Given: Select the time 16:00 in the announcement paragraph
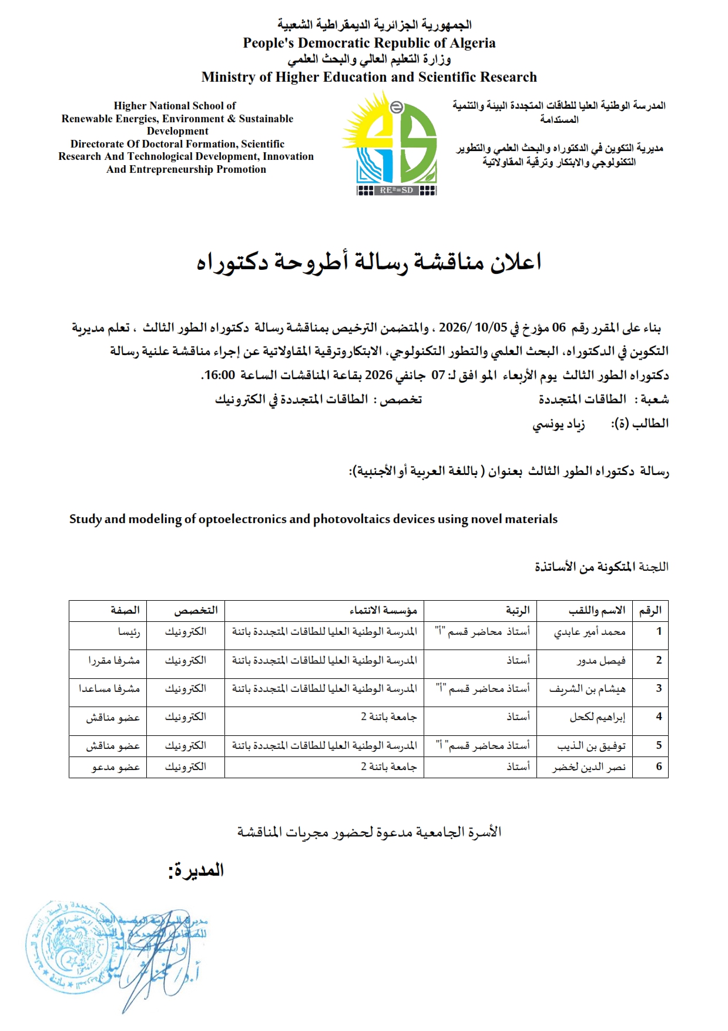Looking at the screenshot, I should [x=219, y=375].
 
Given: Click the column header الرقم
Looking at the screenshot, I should [x=650, y=611].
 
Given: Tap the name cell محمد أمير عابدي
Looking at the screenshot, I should [x=589, y=632].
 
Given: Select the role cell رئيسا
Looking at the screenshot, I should [x=129, y=632].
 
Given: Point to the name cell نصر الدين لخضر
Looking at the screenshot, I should [x=589, y=767].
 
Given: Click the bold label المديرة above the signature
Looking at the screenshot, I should [x=196, y=871].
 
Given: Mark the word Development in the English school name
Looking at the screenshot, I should [x=177, y=131].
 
